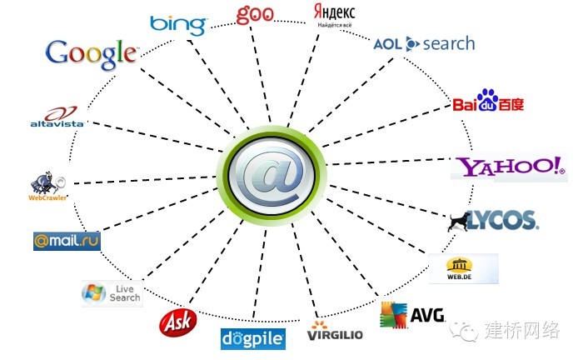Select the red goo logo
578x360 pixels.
pos(255,15)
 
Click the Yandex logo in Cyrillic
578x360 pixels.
pos(334,15)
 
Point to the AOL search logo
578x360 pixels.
pos(423,43)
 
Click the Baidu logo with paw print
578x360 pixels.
pos(488,103)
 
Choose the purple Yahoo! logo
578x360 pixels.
pos(508,167)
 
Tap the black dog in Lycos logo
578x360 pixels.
pos(457,221)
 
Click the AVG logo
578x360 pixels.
pos(412,315)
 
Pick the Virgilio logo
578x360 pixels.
pos(335,332)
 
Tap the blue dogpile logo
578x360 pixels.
pos(253,338)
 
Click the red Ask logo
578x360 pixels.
pos(176,320)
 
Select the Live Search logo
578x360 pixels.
pos(112,293)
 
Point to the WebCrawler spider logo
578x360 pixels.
pos(47,186)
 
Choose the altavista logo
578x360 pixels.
pos(53,117)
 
